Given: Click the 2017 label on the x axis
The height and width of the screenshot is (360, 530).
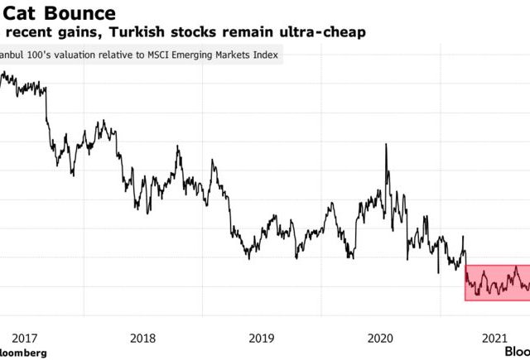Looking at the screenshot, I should tap(25, 338).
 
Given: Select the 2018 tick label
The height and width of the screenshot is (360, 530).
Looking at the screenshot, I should tap(143, 338).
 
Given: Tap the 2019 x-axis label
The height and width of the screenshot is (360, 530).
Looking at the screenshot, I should tap(261, 338).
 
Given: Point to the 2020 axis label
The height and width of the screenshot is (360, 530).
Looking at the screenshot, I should tap(379, 338).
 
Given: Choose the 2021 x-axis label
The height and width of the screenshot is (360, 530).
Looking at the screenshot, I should tap(496, 338).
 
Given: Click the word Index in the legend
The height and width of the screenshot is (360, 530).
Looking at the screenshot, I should tap(265, 56).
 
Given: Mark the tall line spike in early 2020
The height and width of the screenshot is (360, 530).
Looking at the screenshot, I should tap(385, 146).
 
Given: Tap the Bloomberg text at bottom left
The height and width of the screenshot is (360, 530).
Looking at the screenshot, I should tap(23, 353).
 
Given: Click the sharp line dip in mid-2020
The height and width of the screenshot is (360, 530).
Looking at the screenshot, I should tap(438, 271).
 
